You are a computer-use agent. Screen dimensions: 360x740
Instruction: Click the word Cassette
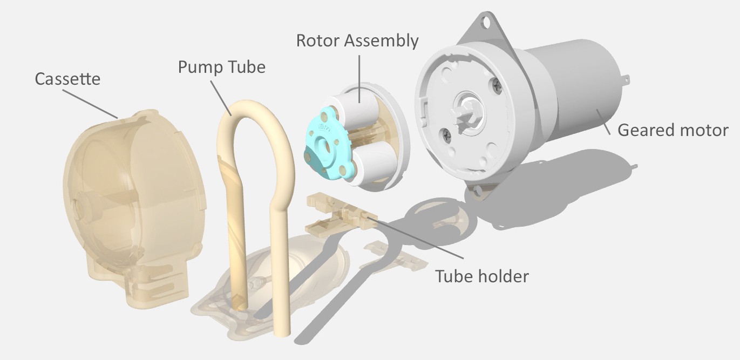tap(67, 79)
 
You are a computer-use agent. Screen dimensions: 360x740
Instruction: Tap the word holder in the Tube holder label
tap(502, 276)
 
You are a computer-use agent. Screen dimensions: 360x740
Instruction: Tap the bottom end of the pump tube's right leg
tap(282, 329)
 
